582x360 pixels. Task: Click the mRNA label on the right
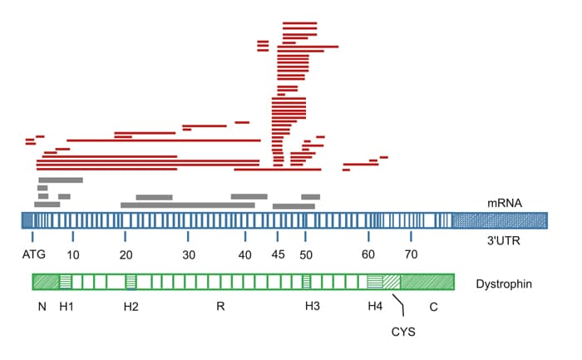pyautogui.click(x=503, y=203)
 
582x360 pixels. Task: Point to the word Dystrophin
pyautogui.click(x=504, y=284)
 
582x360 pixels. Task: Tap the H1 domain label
pyautogui.click(x=66, y=306)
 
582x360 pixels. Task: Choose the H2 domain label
pyautogui.click(x=131, y=306)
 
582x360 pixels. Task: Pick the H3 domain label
pyautogui.click(x=312, y=306)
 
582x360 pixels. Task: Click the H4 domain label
pyautogui.click(x=375, y=306)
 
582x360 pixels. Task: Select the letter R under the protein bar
pyautogui.click(x=219, y=306)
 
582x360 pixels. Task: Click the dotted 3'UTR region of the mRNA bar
pyautogui.click(x=499, y=220)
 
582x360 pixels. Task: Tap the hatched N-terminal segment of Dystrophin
pyautogui.click(x=45, y=282)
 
